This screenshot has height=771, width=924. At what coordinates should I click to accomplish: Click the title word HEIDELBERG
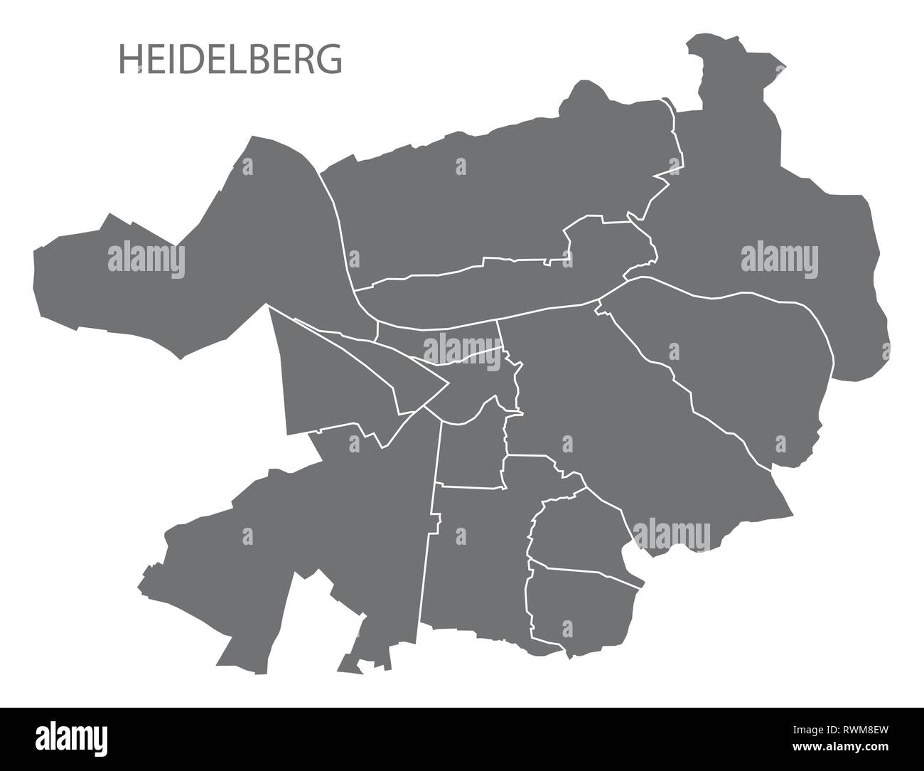coord(230,60)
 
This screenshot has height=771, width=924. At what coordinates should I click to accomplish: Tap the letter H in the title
coord(128,60)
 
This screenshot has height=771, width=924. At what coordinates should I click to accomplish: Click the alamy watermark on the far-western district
coord(146,260)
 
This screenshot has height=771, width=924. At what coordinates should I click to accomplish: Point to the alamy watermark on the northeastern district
coord(779,260)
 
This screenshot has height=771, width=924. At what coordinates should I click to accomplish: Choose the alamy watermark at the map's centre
coord(462,349)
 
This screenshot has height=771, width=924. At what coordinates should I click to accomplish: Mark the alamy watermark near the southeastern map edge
coord(671,534)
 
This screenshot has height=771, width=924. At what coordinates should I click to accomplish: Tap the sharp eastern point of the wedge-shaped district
coord(446,385)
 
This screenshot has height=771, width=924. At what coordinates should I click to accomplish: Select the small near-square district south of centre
coord(472,455)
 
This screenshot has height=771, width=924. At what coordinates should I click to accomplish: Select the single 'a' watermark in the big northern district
coord(461,167)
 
